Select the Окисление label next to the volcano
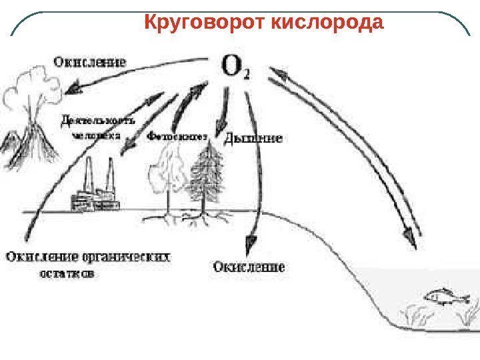tap(89, 62)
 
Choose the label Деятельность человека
tap(98, 127)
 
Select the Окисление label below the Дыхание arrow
tap(249, 267)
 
